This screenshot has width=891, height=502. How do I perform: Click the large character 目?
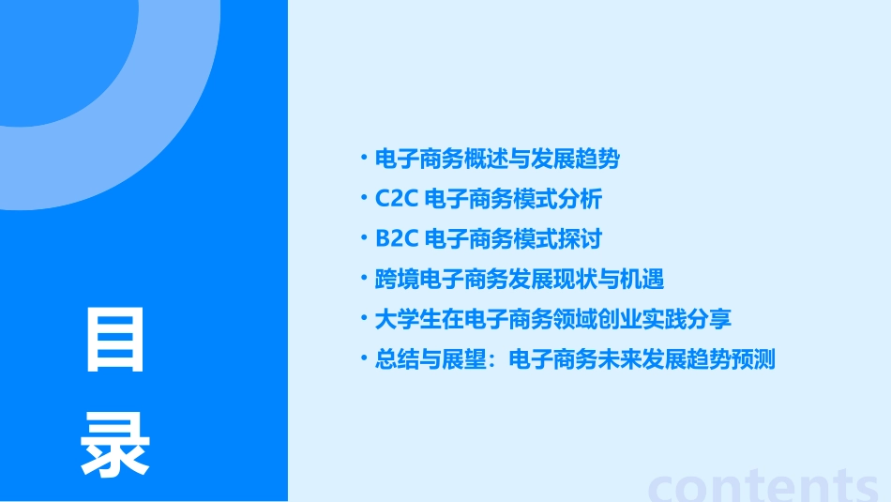click(x=114, y=341)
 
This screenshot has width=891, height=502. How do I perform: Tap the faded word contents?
click(x=764, y=484)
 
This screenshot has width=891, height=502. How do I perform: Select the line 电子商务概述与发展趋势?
click(x=497, y=160)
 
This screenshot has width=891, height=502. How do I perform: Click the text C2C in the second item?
click(x=395, y=200)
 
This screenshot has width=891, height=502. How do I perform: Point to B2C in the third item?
click(x=395, y=239)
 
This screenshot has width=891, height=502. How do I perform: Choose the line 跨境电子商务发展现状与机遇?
click(x=520, y=280)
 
